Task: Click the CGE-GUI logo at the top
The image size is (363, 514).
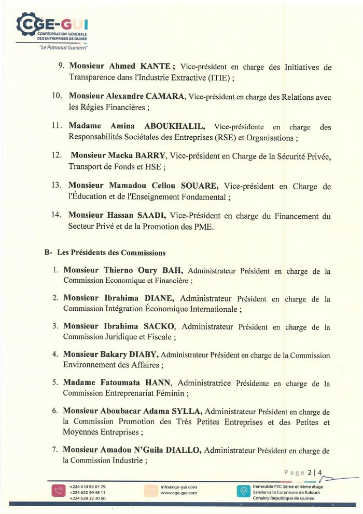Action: [x=52, y=25]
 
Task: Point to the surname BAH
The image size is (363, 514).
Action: [x=175, y=270]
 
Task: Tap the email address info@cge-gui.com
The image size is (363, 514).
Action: [x=179, y=487]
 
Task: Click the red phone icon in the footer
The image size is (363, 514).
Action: [x=56, y=491]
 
